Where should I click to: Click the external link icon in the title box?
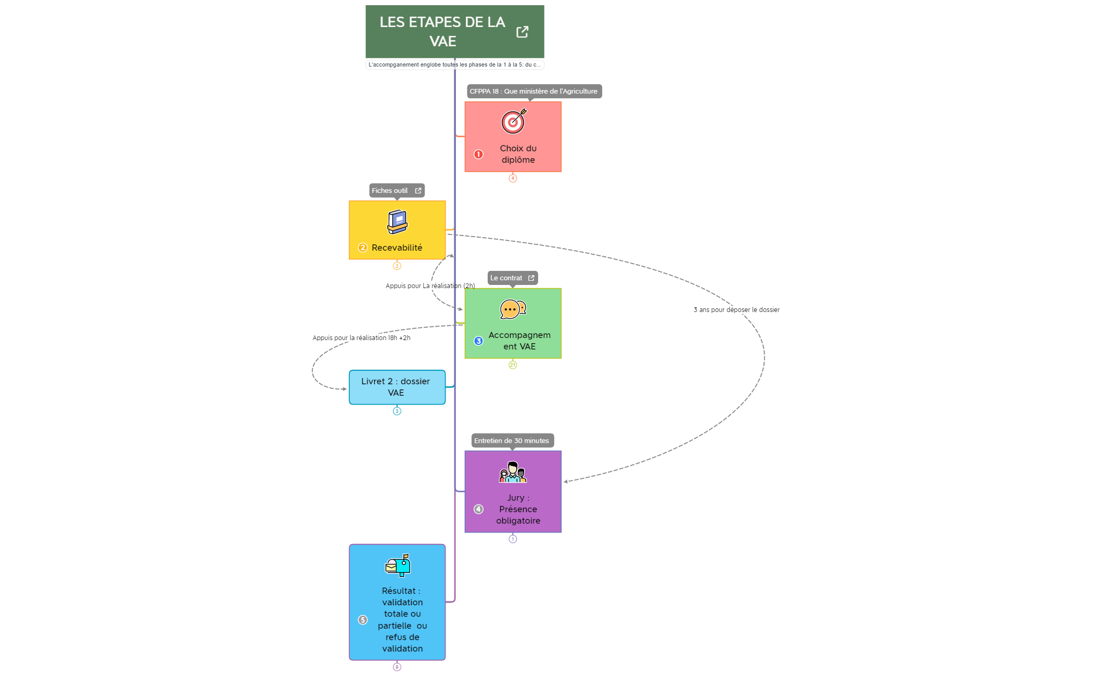coord(522,32)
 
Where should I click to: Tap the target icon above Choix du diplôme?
coord(513,122)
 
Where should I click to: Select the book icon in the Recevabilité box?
coord(398,222)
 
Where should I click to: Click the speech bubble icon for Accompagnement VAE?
coord(513,309)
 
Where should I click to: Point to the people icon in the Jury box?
coord(513,472)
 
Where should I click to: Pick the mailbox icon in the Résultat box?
coord(398,565)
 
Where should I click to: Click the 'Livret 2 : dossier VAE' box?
coord(397,387)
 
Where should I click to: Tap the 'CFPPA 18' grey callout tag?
coord(533,92)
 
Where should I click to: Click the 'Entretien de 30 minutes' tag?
coord(512,441)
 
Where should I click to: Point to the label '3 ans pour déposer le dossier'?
coord(736,310)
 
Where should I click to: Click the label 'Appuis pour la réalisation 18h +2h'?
coord(361,338)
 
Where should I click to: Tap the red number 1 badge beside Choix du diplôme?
coord(478,154)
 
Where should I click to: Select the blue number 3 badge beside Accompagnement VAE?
coord(478,341)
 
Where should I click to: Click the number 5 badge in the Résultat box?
coord(363,620)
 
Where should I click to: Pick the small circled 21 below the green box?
coord(513,365)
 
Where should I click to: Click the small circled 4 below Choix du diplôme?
coord(513,178)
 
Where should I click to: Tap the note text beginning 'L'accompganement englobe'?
coord(454,65)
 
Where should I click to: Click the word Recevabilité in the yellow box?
coord(397,248)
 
